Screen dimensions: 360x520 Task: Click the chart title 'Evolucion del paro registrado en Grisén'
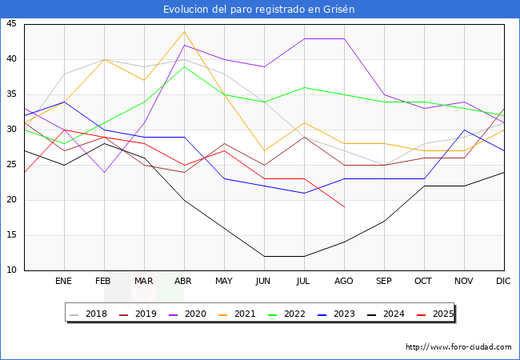pyautogui.click(x=259, y=10)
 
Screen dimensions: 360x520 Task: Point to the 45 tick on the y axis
pyautogui.click(x=12, y=24)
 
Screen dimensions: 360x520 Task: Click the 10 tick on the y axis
pyautogui.click(x=12, y=270)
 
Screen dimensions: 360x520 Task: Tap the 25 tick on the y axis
pyautogui.click(x=12, y=165)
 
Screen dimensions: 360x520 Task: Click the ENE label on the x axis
pyautogui.click(x=64, y=282)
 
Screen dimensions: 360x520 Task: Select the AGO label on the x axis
pyautogui.click(x=344, y=282)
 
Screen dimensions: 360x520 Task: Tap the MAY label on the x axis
pyautogui.click(x=224, y=282)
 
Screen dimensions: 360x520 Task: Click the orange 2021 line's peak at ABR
pyautogui.click(x=184, y=31)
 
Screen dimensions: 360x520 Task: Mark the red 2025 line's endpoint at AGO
pyautogui.click(x=344, y=207)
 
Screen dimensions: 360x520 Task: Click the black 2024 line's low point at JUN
pyautogui.click(x=264, y=256)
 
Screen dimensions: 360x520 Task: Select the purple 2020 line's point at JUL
pyautogui.click(x=304, y=38)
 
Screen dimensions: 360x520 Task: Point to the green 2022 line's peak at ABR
pyautogui.click(x=184, y=66)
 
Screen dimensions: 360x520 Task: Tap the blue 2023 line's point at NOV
pyautogui.click(x=464, y=130)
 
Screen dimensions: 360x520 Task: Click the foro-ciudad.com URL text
pyautogui.click(x=458, y=347)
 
